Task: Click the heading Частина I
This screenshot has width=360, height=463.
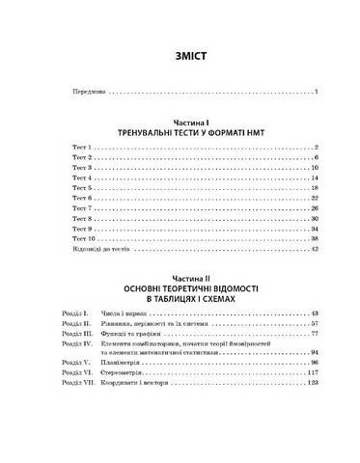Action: pyautogui.click(x=180, y=122)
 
